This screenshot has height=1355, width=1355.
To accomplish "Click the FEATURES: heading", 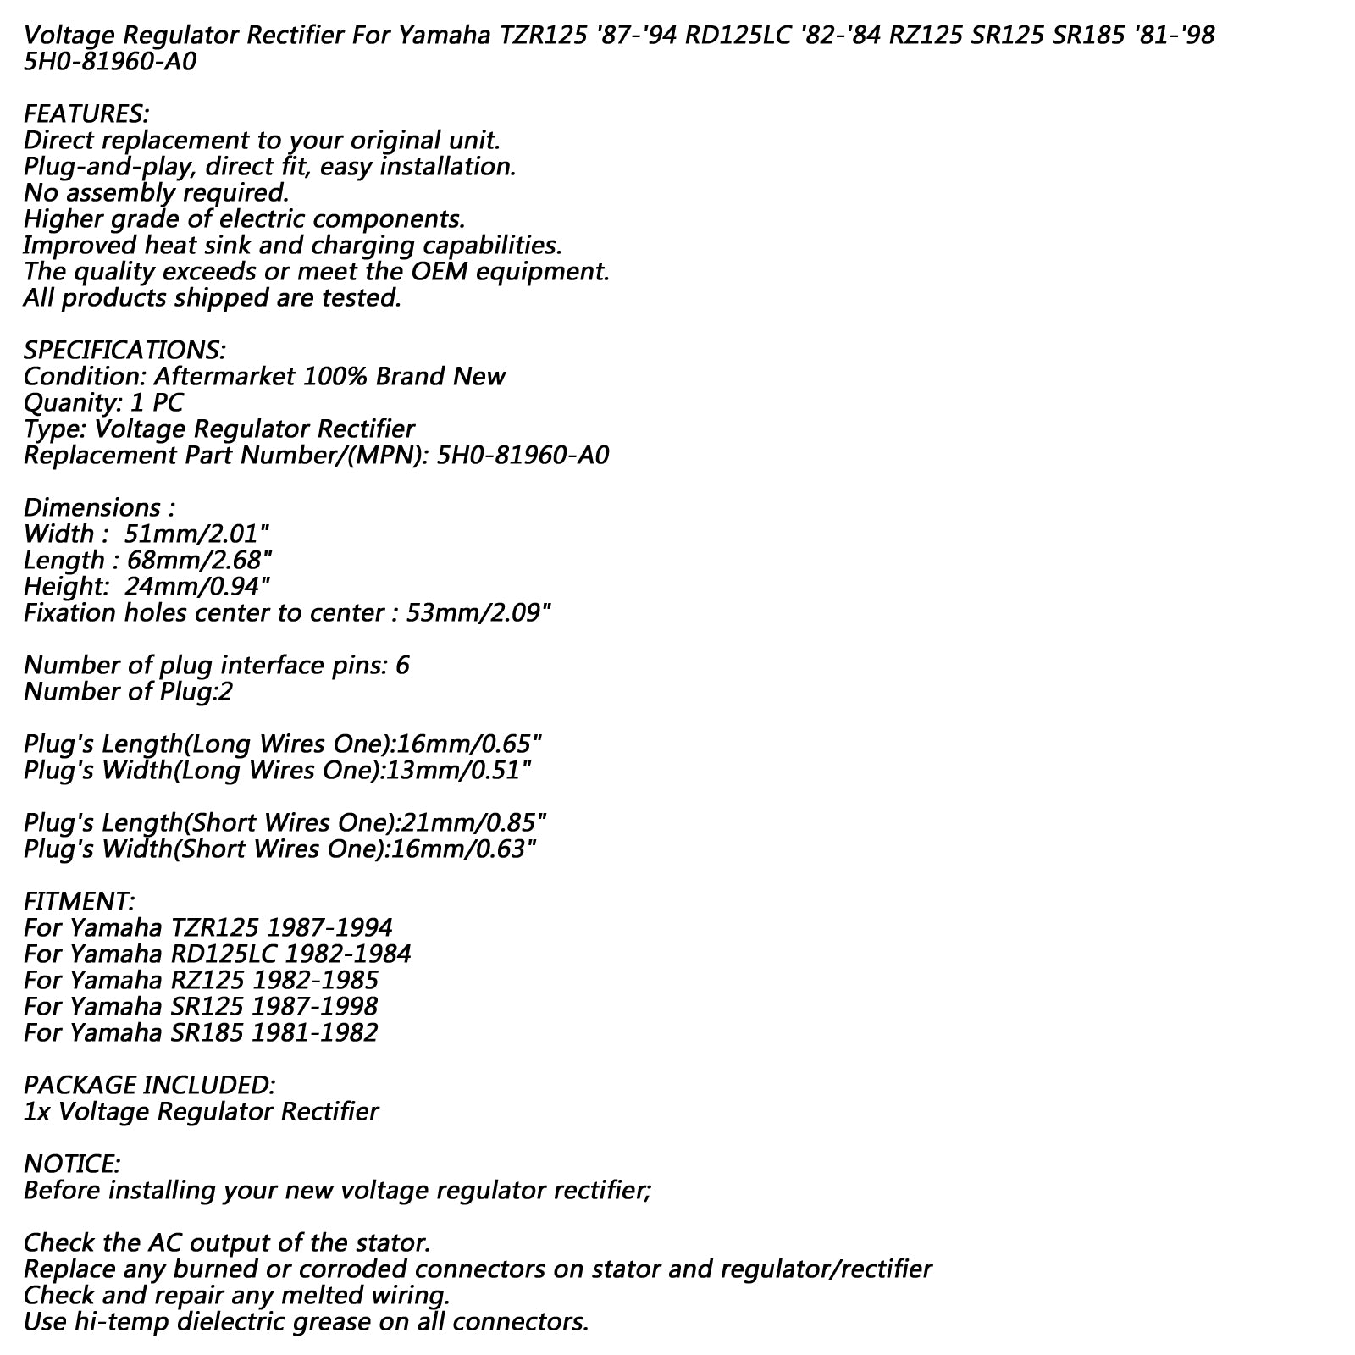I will tap(86, 113).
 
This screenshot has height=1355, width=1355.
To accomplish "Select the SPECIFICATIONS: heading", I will tap(124, 350).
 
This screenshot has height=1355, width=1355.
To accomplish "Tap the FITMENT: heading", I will tap(79, 901).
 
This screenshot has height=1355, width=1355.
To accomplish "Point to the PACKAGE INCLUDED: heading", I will tap(149, 1085).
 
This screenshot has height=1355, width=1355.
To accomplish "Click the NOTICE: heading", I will tap(72, 1164).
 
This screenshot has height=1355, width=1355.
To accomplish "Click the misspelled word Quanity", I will tap(70, 403).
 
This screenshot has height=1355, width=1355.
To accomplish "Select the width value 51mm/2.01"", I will tap(196, 534).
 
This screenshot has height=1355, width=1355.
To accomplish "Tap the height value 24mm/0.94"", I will tap(197, 586).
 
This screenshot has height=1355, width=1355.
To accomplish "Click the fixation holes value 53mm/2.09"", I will tap(479, 612).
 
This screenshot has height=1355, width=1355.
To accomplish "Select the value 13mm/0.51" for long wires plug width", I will tap(459, 770).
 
